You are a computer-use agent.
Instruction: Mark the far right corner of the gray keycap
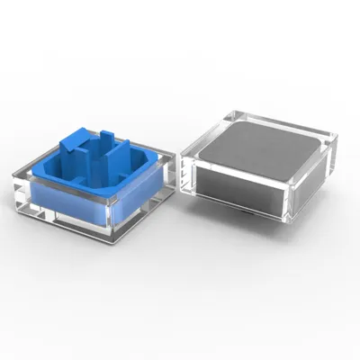click(x=334, y=137)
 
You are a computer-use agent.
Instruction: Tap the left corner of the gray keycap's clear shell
click(x=183, y=149)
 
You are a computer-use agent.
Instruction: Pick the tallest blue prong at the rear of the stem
click(x=107, y=140)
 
